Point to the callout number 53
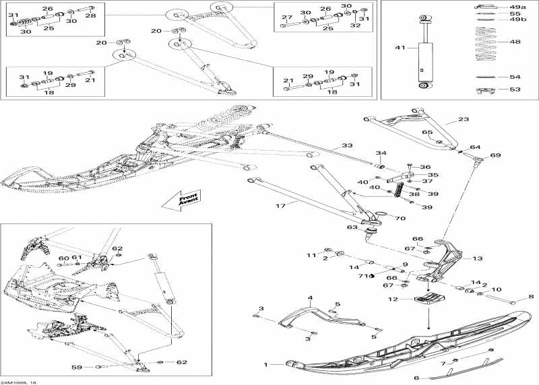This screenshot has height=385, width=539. (515, 89)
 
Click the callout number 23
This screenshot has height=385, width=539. (463, 119)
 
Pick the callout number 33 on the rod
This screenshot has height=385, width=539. (346, 145)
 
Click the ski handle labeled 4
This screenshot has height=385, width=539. (296, 317)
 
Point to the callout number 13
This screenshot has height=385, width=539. (477, 258)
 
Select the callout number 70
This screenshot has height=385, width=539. (400, 218)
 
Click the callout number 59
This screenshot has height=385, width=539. (76, 367)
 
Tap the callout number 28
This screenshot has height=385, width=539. (90, 15)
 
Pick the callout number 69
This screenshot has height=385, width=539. (495, 155)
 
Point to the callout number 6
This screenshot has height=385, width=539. (416, 378)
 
